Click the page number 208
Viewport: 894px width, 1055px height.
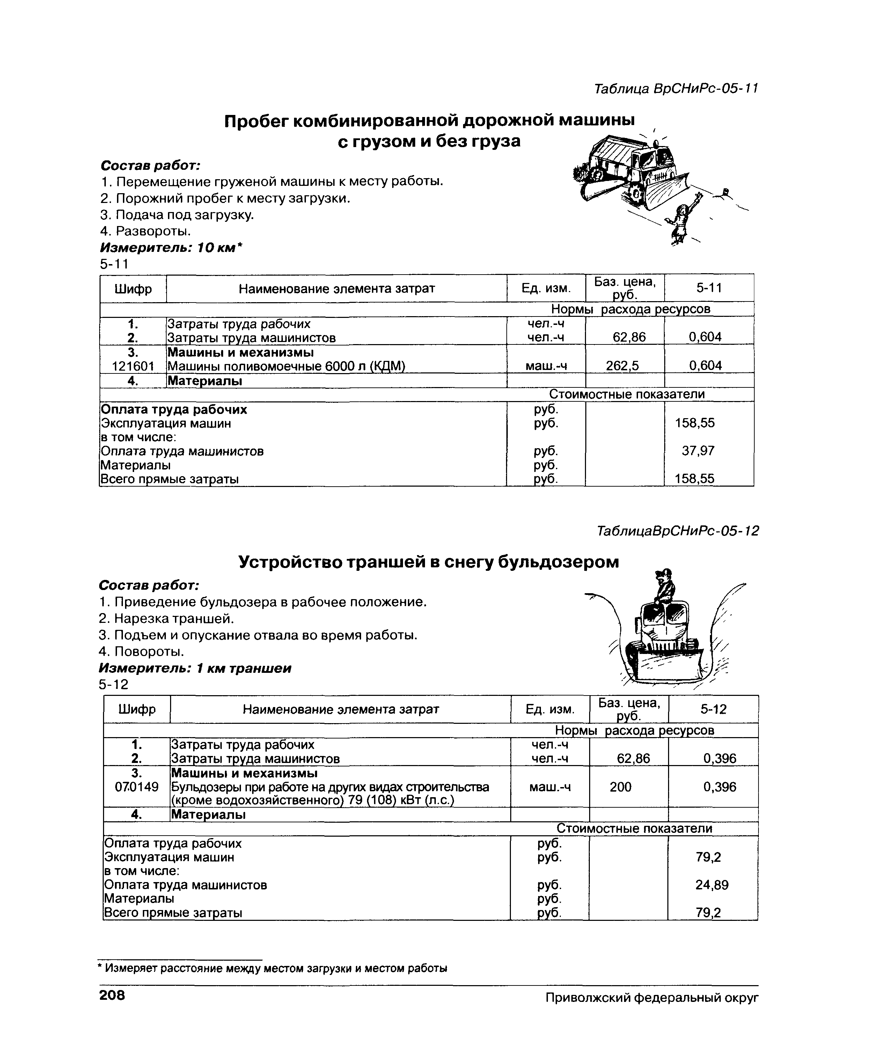point(112,996)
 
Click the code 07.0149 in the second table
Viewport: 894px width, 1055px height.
point(137,787)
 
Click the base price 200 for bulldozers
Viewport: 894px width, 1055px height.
point(620,787)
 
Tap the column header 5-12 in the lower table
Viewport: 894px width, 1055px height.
point(713,709)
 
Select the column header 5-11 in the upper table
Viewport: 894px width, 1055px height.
point(709,288)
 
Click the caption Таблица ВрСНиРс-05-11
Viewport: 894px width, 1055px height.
point(676,89)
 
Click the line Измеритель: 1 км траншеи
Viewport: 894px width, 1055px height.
point(195,668)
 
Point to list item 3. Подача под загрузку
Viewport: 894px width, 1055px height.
point(177,215)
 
